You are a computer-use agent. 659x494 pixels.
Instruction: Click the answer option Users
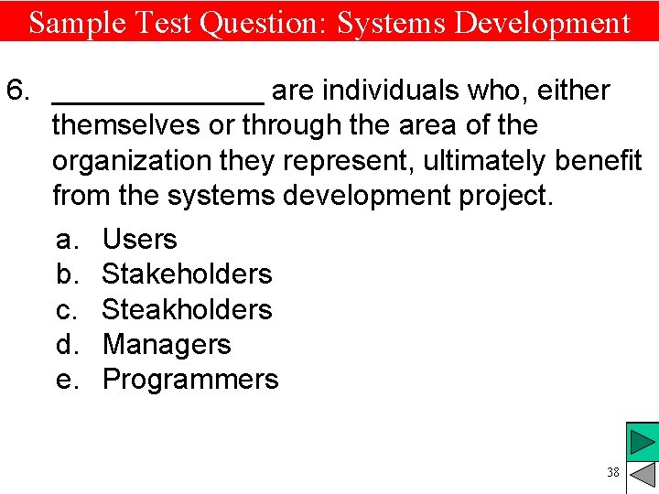(139, 240)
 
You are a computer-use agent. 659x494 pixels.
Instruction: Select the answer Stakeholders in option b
(187, 274)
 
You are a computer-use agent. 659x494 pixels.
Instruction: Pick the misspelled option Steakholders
(187, 309)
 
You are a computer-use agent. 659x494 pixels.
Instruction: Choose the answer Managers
(167, 345)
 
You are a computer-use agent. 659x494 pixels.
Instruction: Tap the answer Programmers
(190, 380)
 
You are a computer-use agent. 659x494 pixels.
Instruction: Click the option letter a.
(65, 240)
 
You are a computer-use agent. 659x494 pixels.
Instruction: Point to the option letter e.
(66, 380)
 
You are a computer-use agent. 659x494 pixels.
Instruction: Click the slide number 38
(612, 472)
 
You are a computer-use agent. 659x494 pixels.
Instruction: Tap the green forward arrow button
(643, 443)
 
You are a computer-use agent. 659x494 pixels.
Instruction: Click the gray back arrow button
(643, 476)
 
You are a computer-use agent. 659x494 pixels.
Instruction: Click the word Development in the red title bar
(543, 22)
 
